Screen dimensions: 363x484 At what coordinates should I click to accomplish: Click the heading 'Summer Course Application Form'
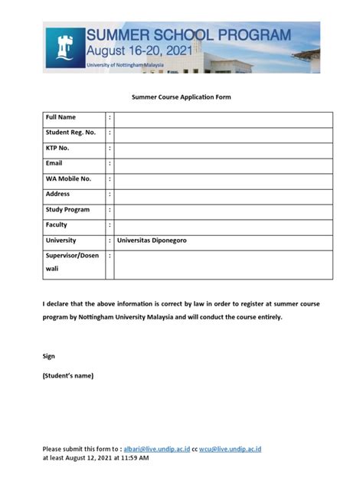181,97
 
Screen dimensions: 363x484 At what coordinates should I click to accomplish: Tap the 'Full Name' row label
61,117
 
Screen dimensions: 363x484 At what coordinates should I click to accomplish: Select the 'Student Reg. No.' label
70,132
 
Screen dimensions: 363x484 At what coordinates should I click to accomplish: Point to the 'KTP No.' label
57,148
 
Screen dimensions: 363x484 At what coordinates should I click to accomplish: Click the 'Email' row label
54,163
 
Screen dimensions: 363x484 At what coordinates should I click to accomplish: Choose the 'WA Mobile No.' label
68,178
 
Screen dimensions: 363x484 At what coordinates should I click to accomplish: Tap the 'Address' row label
57,194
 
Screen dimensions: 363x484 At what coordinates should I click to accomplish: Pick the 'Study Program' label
67,209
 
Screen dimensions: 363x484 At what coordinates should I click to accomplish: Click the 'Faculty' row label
57,224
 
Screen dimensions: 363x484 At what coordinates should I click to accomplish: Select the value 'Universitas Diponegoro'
152,240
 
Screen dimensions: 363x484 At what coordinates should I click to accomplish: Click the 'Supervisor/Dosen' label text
72,255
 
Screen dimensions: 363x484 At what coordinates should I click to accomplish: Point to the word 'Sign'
48,356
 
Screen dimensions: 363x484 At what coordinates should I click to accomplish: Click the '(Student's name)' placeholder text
68,375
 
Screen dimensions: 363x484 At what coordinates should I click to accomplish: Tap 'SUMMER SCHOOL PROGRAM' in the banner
188,35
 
